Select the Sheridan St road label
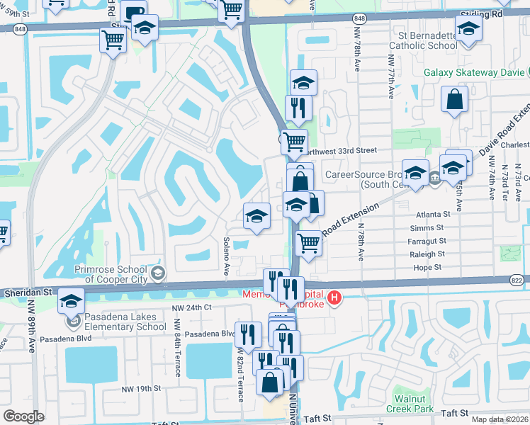(x=27, y=291)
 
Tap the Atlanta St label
(x=434, y=213)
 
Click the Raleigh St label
(x=427, y=254)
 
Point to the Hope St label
(x=428, y=267)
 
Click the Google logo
(x=23, y=416)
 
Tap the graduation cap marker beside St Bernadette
(x=468, y=29)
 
